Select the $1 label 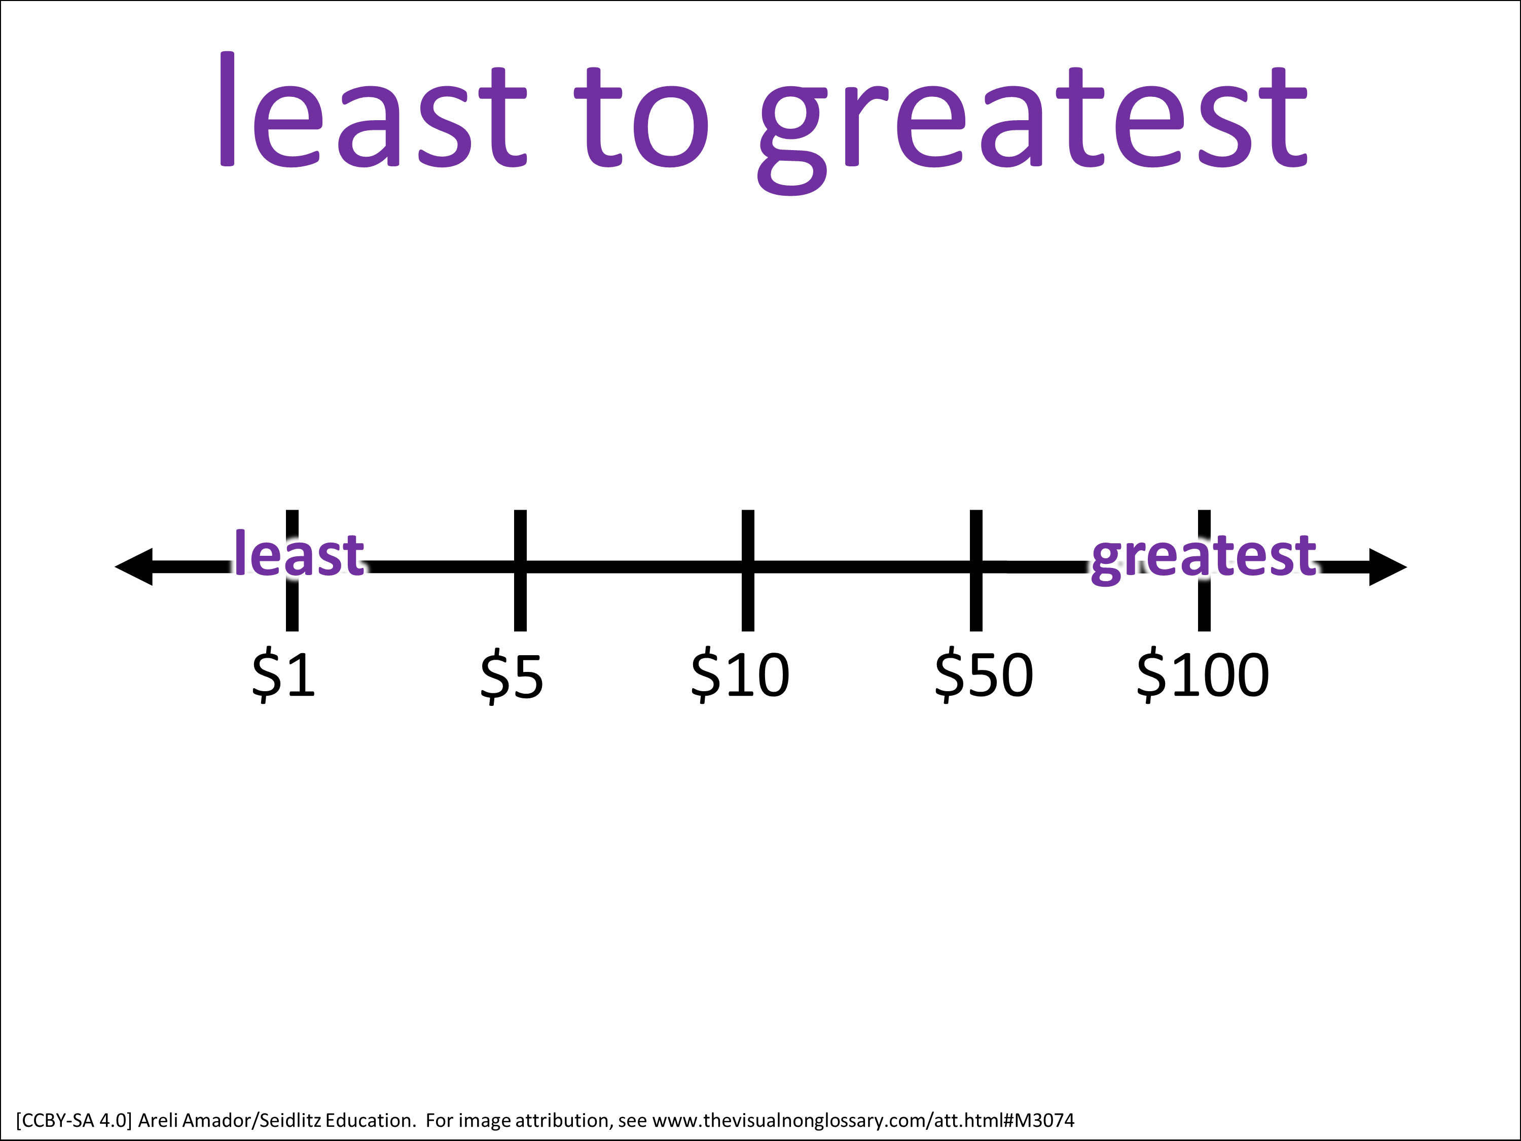pos(284,676)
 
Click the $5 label pos(512,678)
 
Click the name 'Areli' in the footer pos(157,1120)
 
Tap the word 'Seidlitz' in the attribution pos(290,1120)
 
